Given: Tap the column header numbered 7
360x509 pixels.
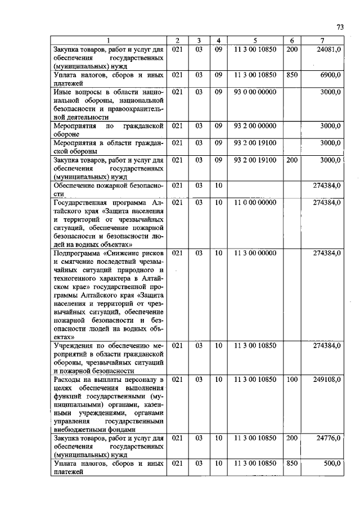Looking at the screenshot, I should tap(322, 40).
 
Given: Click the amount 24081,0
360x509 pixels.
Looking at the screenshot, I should tap(329, 49).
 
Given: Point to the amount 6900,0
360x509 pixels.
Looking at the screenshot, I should tap(331, 74).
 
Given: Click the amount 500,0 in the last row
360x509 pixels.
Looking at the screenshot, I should tap(332, 463).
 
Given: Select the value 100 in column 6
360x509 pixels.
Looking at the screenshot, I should tap(291, 380).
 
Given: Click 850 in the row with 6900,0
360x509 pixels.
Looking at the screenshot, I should tap(291, 74).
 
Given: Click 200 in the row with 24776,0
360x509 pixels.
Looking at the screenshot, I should tap(291, 437).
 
